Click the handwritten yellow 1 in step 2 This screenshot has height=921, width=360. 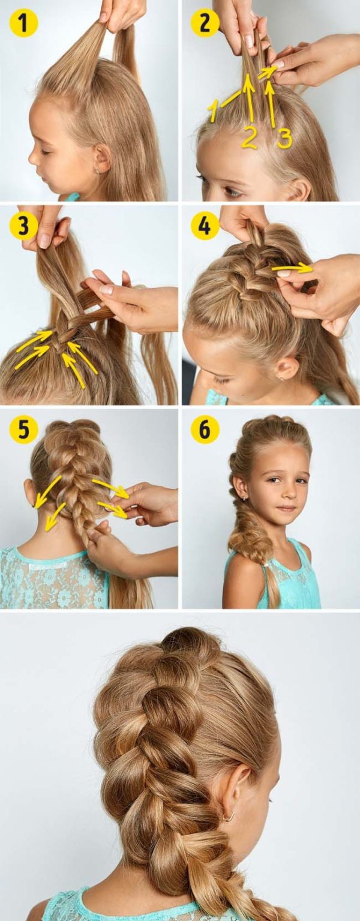coord(213,111)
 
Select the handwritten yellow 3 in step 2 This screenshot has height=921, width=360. coord(284,138)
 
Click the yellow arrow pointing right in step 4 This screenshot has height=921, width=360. coord(292,268)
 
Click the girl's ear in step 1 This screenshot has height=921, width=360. coord(102,158)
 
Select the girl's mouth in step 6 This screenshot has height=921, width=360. coord(286,509)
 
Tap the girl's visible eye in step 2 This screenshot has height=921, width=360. coord(232,191)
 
